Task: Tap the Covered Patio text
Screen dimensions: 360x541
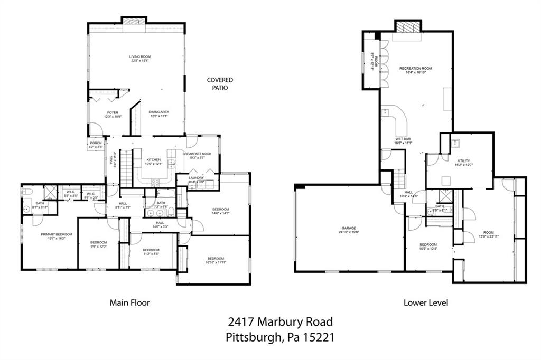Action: (x=220, y=84)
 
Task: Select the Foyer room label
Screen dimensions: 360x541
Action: (x=113, y=112)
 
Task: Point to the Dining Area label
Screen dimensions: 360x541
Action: (x=158, y=112)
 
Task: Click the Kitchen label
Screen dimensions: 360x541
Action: (x=153, y=159)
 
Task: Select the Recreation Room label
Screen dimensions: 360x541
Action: (x=415, y=69)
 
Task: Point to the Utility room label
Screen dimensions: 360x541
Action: (x=464, y=160)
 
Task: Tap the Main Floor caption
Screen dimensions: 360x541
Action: (x=129, y=303)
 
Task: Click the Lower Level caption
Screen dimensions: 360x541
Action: (x=426, y=303)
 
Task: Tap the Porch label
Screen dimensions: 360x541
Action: (x=96, y=143)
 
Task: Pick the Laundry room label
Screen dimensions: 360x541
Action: (x=196, y=178)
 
